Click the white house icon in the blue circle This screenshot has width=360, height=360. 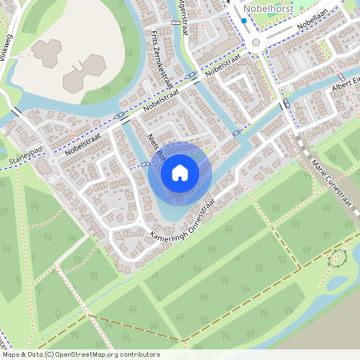(x=180, y=172)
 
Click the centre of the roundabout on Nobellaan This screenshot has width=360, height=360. (x=256, y=42)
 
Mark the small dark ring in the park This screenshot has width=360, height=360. (x=338, y=258)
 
